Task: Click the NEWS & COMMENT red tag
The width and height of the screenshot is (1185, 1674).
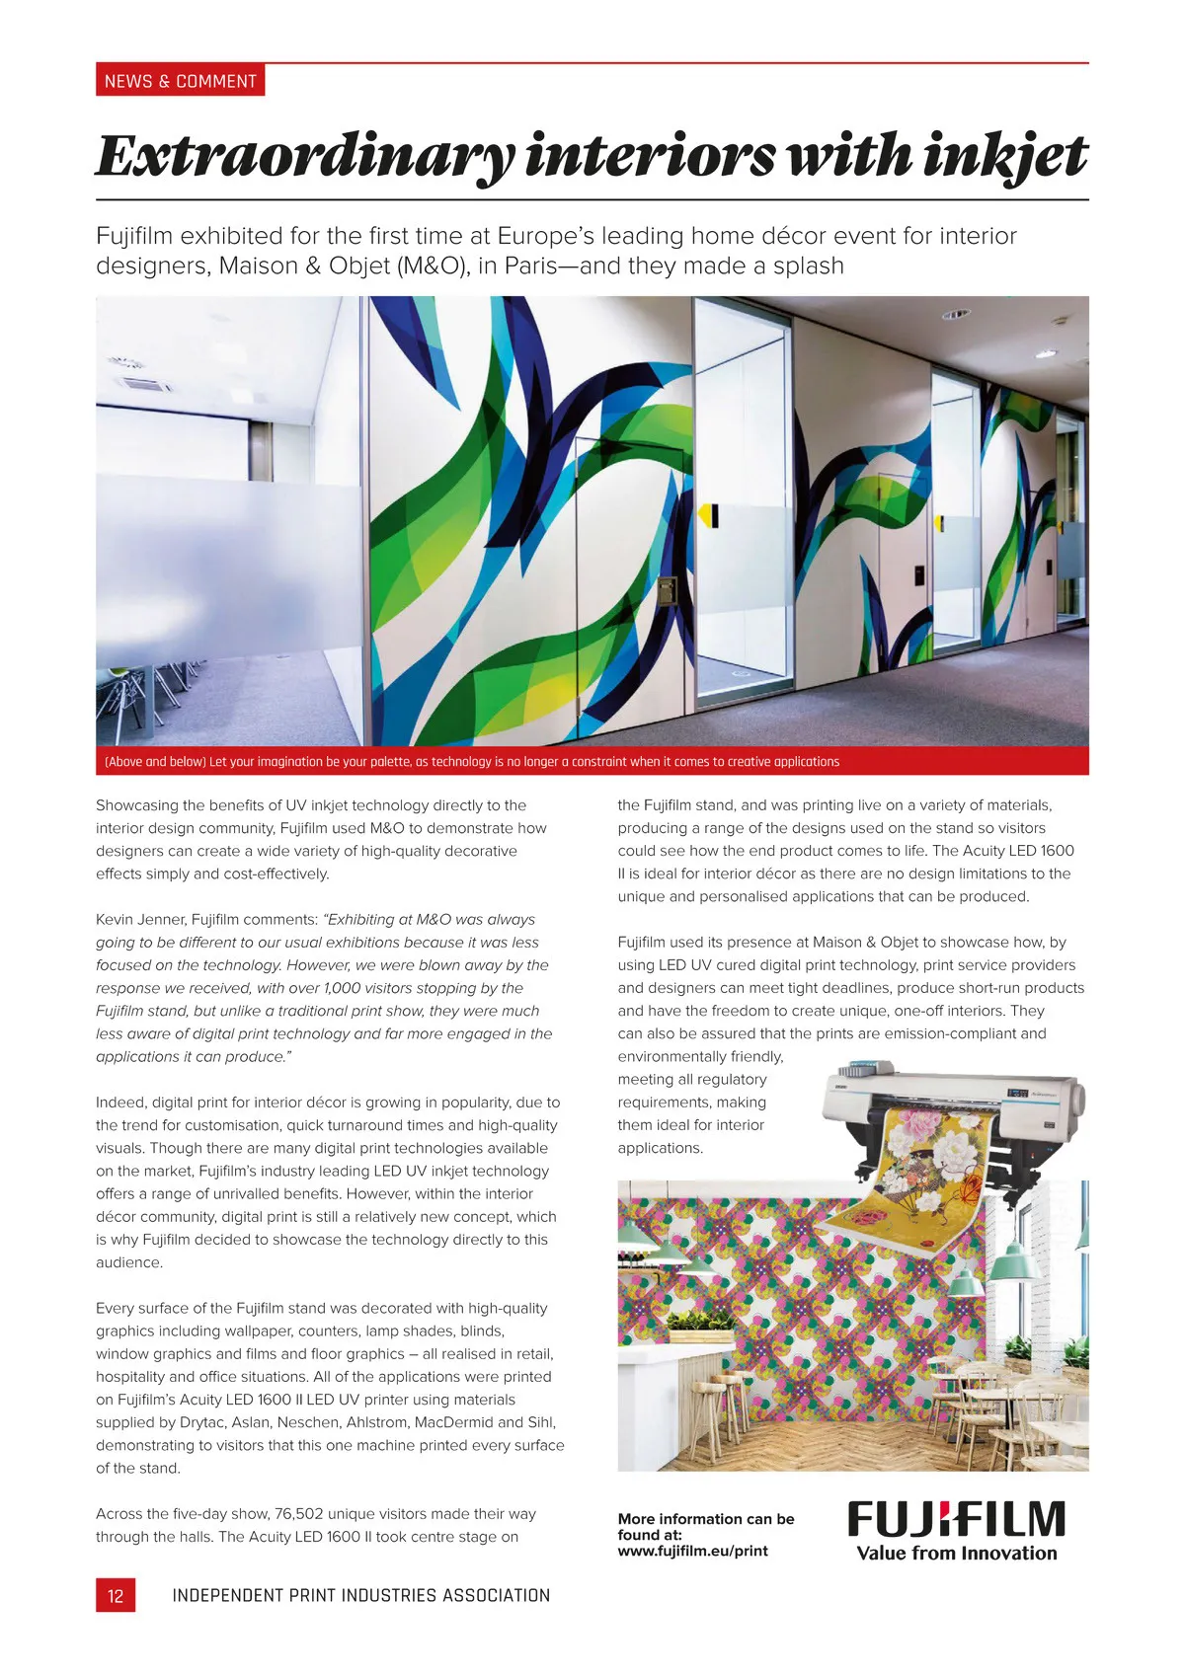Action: pos(180,81)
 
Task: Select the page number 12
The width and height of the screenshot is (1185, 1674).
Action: pos(116,1595)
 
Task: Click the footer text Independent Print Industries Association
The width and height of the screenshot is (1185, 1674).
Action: pos(360,1595)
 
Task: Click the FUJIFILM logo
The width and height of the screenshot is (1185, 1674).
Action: pos(956,1520)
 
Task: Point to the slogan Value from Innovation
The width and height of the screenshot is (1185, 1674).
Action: pos(956,1554)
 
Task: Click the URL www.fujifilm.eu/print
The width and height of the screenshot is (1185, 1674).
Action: pos(692,1551)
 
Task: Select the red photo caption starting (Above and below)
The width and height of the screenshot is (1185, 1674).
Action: pos(472,762)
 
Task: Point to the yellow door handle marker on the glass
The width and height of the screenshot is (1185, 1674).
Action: pos(707,514)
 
